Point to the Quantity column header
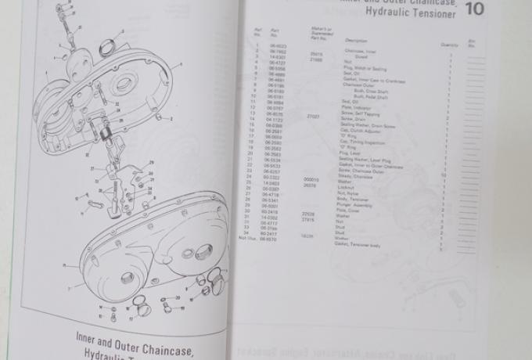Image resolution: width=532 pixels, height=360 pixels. coord(449,45)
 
